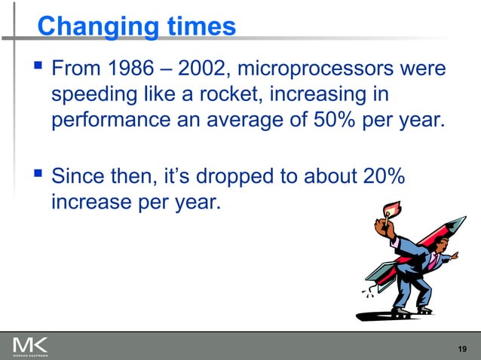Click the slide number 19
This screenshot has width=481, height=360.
click(x=464, y=347)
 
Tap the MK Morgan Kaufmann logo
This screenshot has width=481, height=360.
click(x=30, y=346)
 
